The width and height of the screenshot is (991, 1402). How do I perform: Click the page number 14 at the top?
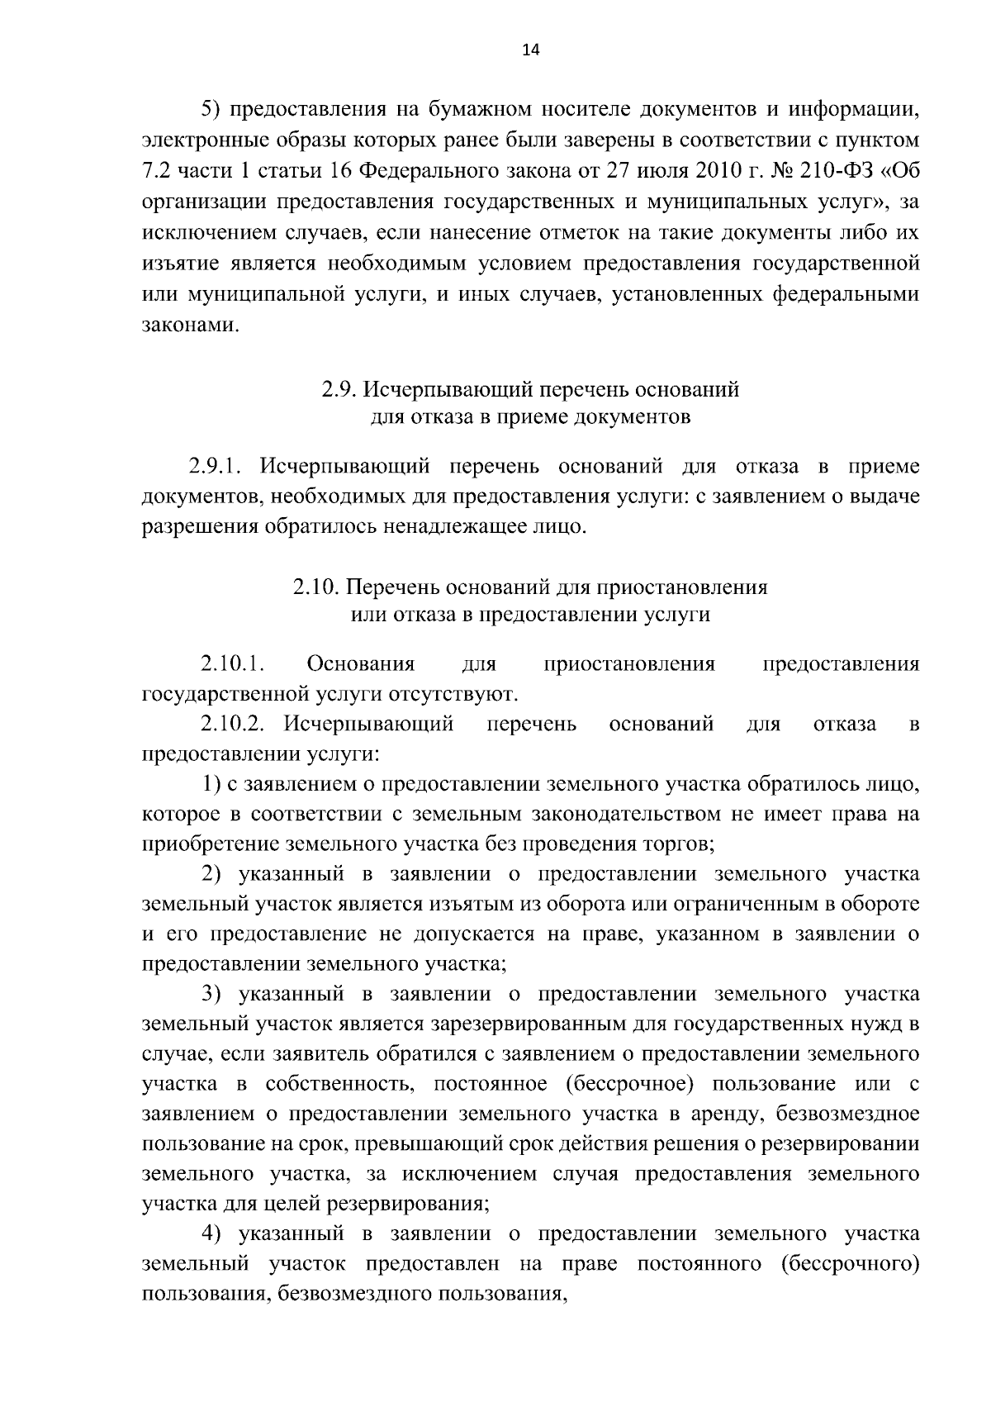coord(530,50)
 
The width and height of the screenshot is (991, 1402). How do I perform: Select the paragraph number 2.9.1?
coord(213,468)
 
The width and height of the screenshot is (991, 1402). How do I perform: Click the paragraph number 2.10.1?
coord(231,665)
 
